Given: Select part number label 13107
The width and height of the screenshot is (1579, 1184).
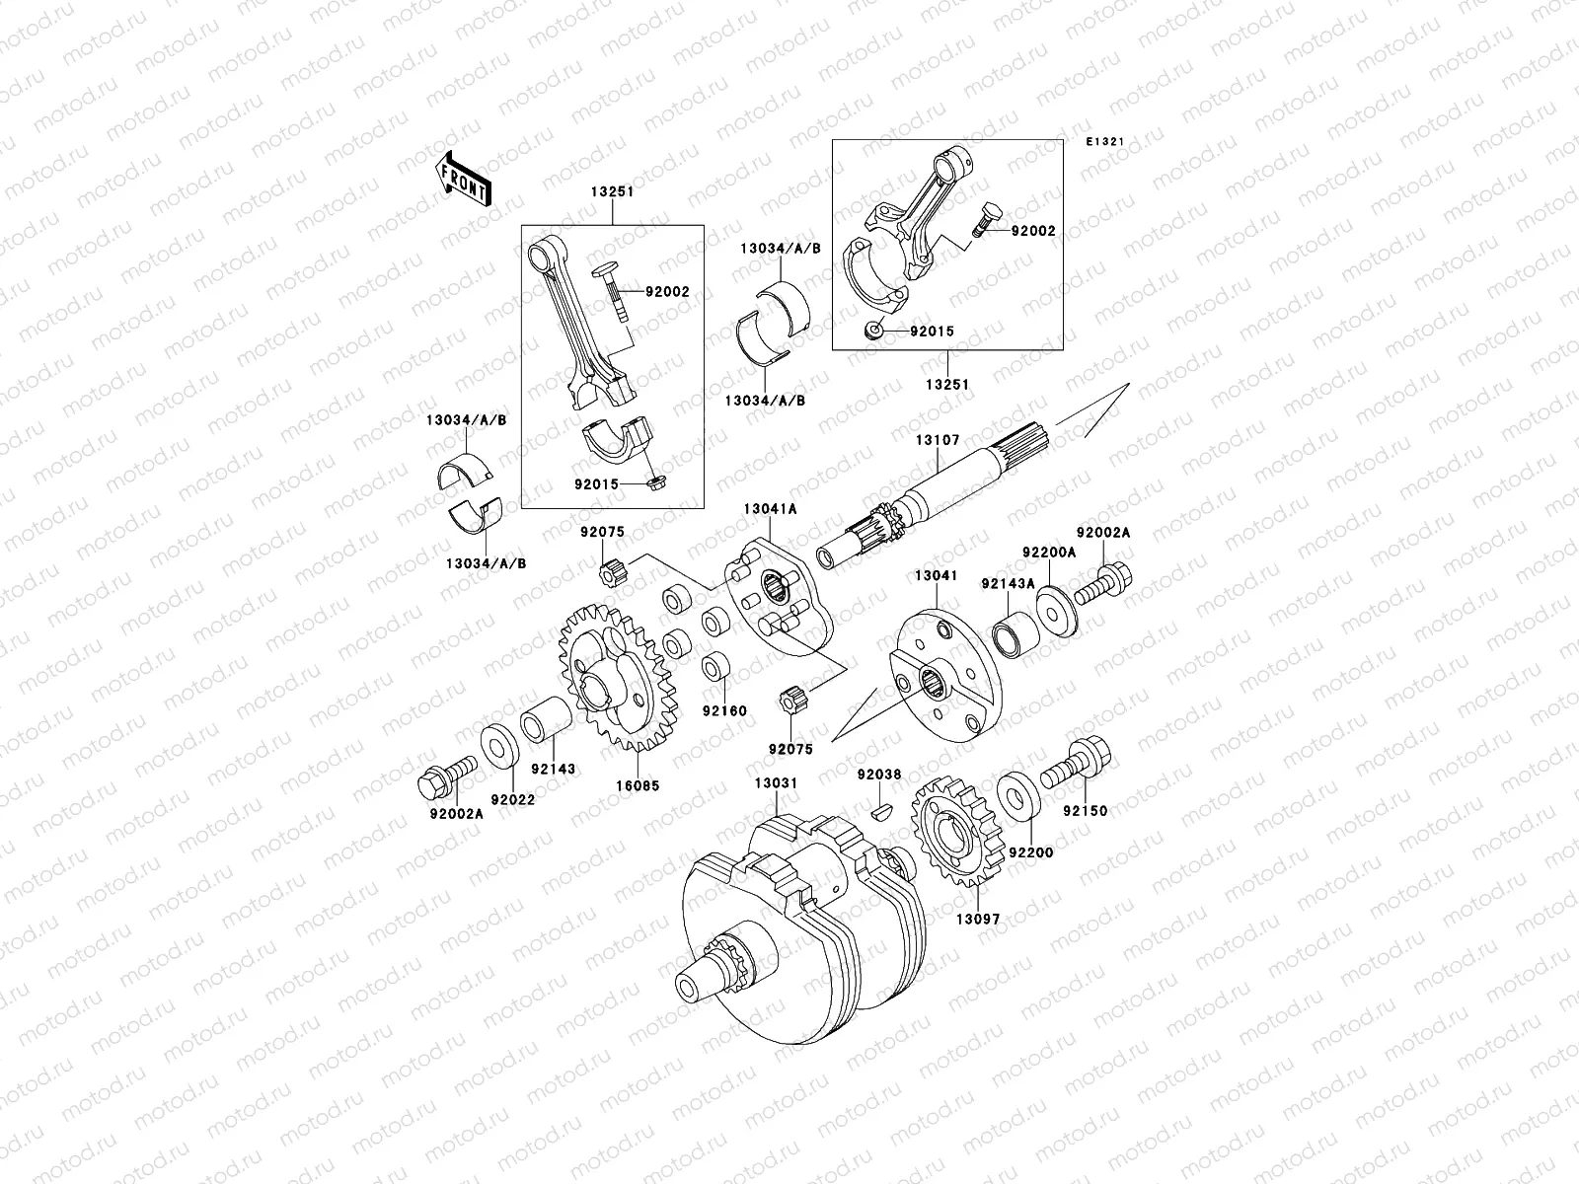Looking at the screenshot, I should (x=936, y=439).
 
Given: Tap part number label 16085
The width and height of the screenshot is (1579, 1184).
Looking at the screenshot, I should (x=639, y=785).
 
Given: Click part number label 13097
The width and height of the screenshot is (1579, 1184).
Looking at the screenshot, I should (x=977, y=919).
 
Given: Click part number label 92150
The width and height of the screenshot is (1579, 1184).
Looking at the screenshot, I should (x=1086, y=811).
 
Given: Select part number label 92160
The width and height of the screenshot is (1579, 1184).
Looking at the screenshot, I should (x=724, y=710).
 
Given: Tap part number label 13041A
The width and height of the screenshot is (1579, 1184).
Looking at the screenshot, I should (x=771, y=508).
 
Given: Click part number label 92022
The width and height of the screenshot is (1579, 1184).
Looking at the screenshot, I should (x=510, y=799).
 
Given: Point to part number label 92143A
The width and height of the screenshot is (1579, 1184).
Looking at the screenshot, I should (x=1008, y=583).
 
